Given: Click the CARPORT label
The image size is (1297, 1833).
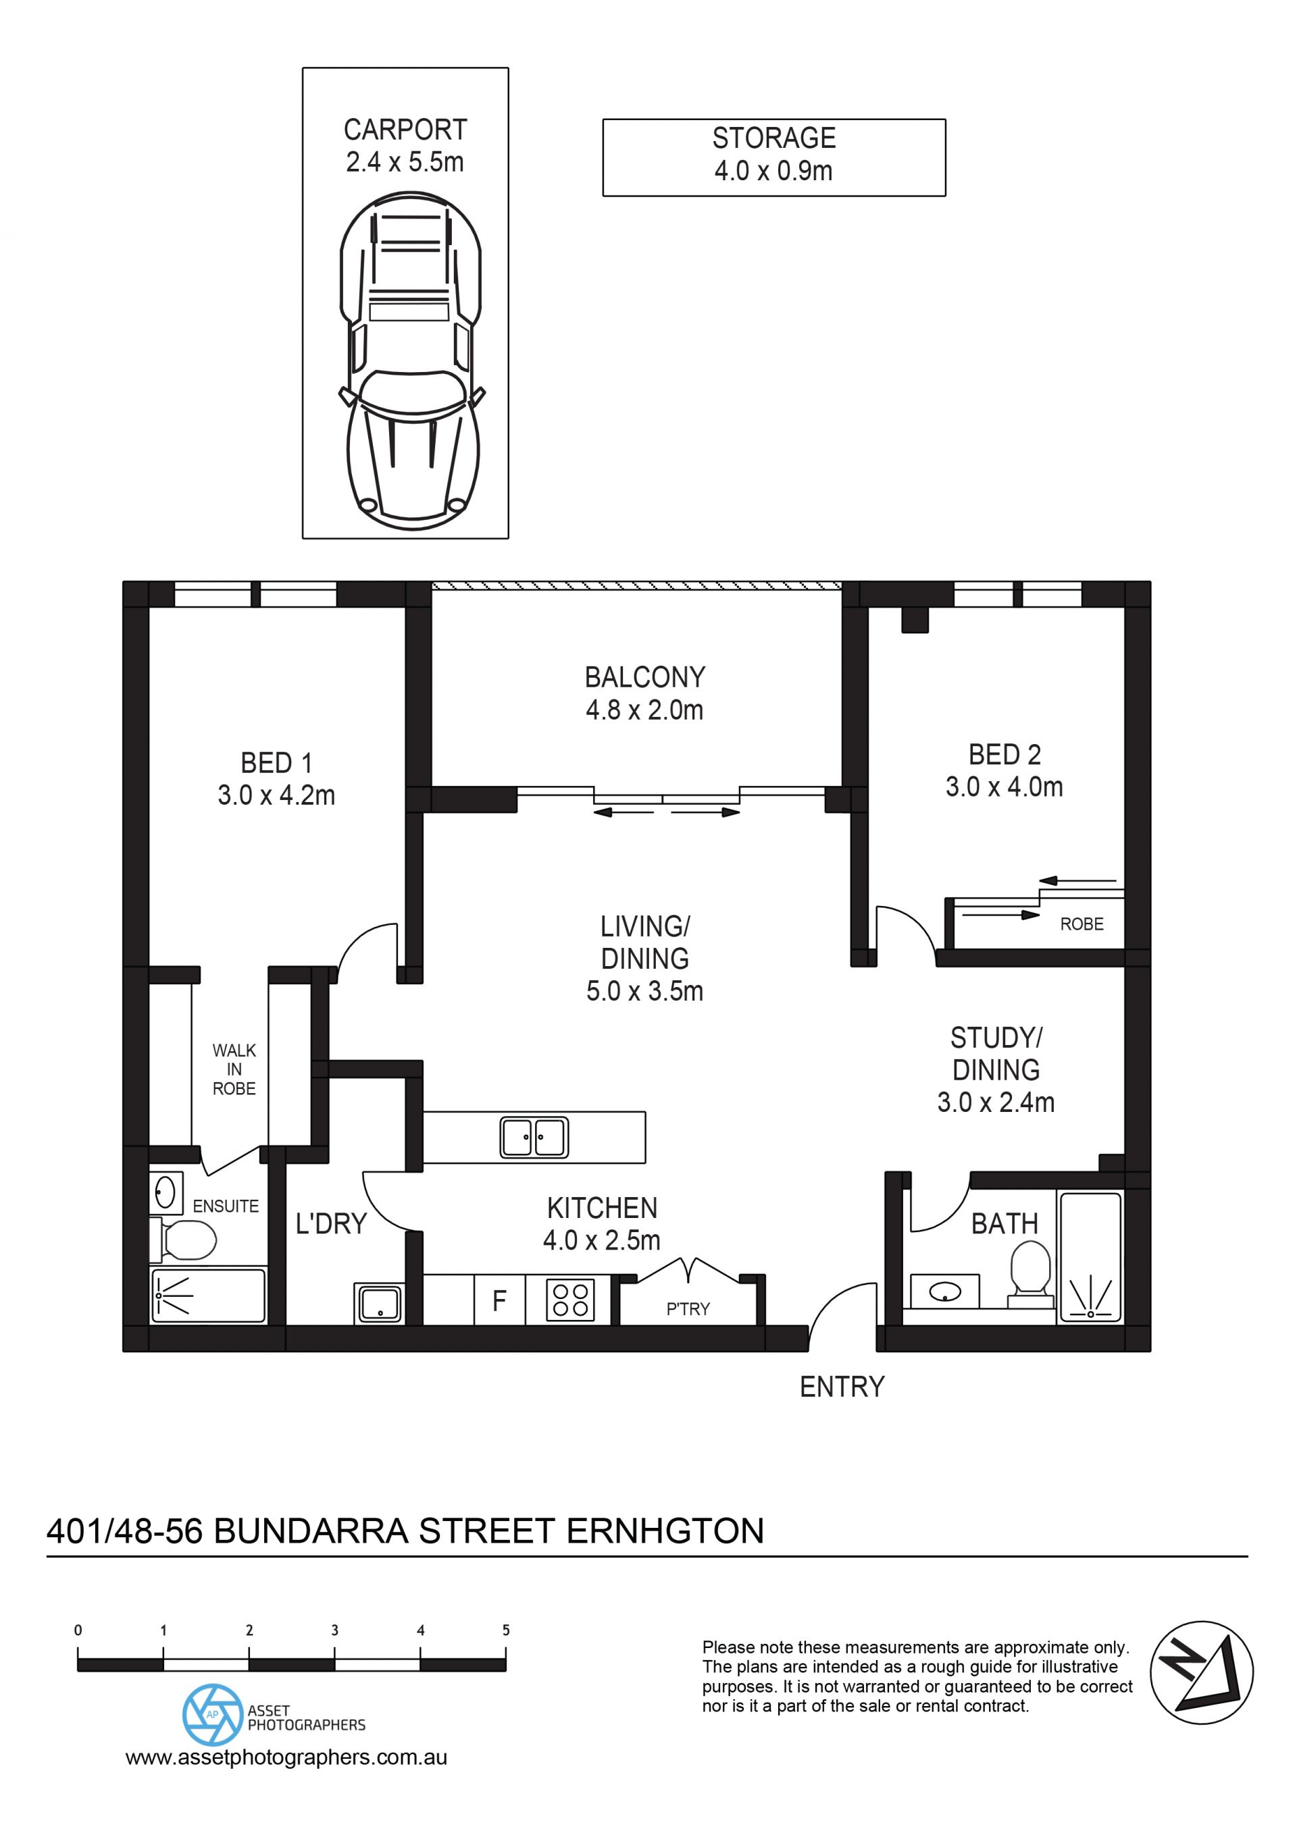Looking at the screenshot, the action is click(x=405, y=130).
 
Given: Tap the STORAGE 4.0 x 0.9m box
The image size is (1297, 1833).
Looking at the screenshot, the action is click(x=774, y=157).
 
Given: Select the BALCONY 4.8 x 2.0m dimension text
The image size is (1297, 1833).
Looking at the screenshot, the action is click(x=644, y=710).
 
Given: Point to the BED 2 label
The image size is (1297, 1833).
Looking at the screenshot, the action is click(x=1004, y=754).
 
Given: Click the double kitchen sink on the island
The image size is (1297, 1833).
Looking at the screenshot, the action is click(x=534, y=1137).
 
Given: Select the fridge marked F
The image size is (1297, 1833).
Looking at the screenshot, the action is click(x=500, y=1300).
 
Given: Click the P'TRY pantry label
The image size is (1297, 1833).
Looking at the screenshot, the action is click(x=688, y=1308).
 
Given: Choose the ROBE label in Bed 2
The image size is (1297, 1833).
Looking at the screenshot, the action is click(x=1082, y=924).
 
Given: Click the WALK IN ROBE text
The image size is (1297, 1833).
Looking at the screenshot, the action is click(x=234, y=1070).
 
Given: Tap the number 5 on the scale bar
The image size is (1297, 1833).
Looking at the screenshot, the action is click(x=505, y=1630).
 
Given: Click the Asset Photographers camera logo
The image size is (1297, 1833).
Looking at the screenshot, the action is click(x=212, y=1714).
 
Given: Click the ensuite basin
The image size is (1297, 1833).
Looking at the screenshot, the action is click(x=166, y=1193).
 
